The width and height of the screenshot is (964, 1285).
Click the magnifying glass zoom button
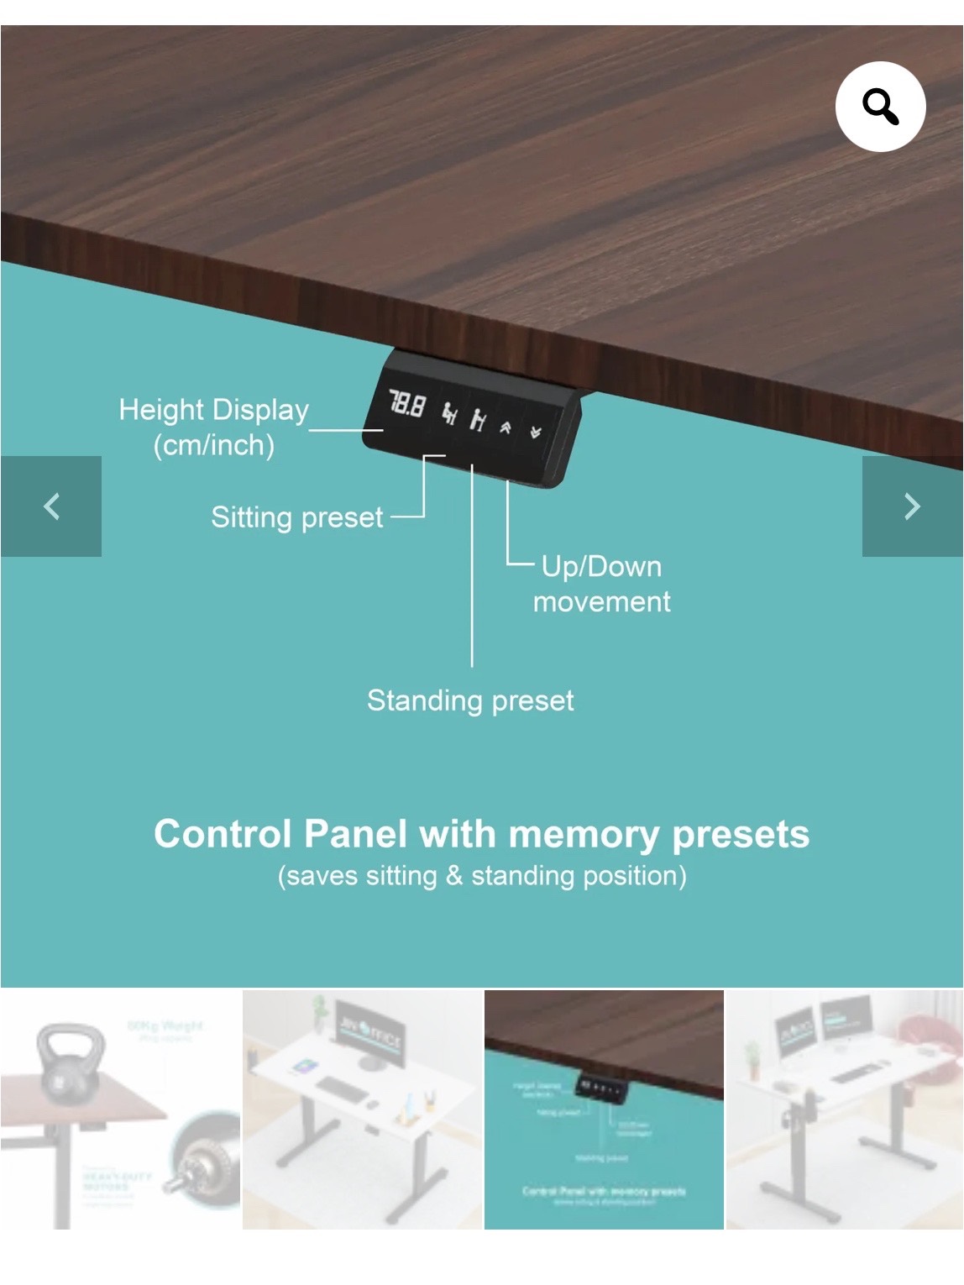tap(880, 107)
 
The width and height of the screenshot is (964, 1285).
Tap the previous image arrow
tap(51, 506)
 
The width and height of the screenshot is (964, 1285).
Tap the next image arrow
tap(913, 506)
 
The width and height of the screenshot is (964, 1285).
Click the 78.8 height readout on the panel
tap(406, 406)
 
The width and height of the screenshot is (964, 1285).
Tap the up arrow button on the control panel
tap(506, 427)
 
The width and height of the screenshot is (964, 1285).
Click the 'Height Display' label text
tap(213, 410)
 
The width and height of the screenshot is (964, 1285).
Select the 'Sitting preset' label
tap(296, 517)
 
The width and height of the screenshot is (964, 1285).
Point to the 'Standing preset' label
tap(470, 700)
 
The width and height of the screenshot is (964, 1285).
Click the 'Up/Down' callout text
tap(601, 567)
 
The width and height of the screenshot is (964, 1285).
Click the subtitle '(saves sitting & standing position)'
tap(482, 876)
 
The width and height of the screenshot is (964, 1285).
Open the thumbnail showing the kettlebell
tap(120, 1109)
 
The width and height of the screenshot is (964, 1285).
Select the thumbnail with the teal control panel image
tap(604, 1109)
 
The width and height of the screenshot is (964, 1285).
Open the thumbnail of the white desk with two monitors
tap(844, 1109)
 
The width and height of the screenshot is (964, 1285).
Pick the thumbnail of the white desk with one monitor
tap(362, 1109)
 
